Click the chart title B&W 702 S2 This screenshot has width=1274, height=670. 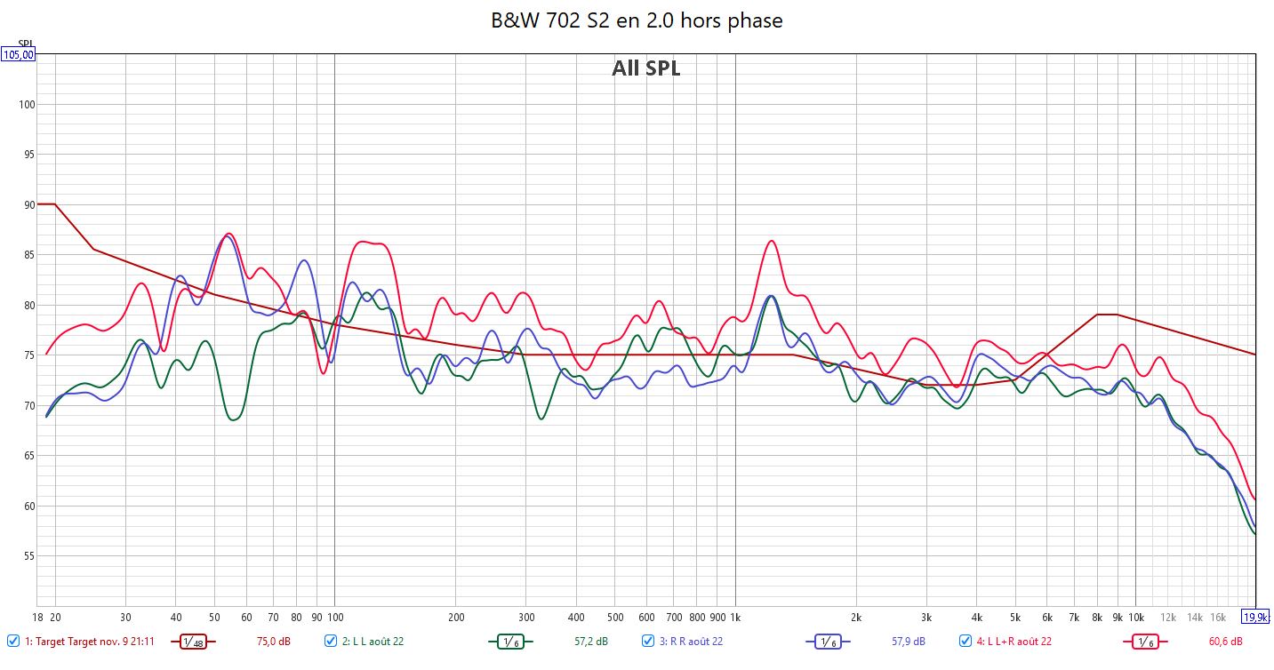click(x=637, y=20)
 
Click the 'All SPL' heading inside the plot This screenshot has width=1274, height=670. click(x=645, y=68)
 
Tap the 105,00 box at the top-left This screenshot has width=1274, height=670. click(x=19, y=54)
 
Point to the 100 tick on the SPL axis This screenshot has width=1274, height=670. click(x=26, y=105)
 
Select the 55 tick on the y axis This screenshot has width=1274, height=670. click(x=28, y=556)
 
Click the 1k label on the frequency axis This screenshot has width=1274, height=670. click(x=735, y=617)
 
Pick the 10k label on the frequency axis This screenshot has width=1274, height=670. click(x=1135, y=617)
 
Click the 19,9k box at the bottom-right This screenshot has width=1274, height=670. click(x=1254, y=617)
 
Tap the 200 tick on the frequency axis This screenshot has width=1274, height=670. click(x=456, y=617)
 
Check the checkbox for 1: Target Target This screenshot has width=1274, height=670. click(x=12, y=641)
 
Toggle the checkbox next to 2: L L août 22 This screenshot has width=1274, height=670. click(x=331, y=641)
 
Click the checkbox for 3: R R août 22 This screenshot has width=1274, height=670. click(x=648, y=641)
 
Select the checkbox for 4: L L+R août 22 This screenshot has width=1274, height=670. click(x=966, y=641)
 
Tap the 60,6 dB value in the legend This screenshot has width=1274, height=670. click(x=1225, y=642)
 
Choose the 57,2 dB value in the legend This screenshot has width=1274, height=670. click(x=590, y=642)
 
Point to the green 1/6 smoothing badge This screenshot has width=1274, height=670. click(x=509, y=642)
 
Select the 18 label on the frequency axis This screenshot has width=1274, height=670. click(x=37, y=617)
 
